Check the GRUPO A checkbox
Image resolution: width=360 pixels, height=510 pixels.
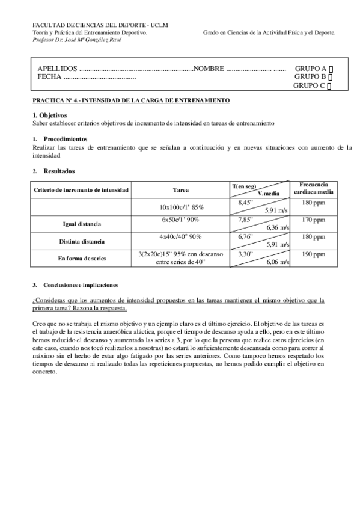click(332, 69)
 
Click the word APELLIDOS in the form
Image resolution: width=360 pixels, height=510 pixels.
click(57, 69)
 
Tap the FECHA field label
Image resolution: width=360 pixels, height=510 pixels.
click(49, 77)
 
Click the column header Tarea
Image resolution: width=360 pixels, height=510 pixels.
click(181, 190)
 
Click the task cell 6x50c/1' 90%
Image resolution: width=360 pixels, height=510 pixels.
click(181, 220)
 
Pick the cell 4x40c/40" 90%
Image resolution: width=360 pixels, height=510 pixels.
click(181, 237)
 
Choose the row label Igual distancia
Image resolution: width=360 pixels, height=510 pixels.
click(82, 224)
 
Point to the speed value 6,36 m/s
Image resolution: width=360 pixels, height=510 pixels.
click(277, 228)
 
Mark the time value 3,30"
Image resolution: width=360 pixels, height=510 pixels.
click(245, 254)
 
